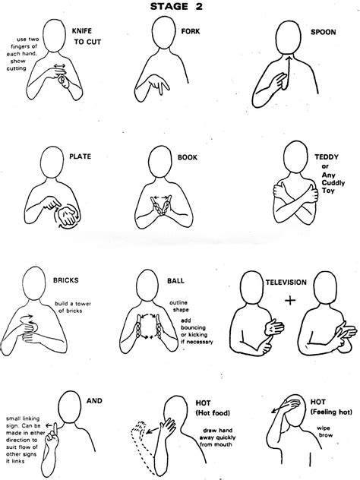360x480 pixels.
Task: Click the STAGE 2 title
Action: pos(176,6)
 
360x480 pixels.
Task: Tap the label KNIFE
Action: pos(82,31)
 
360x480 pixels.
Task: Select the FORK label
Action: pos(191,31)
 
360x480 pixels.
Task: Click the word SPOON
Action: pos(324,32)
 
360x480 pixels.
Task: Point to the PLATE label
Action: pos(81,156)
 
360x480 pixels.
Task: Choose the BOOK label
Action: pos(188,157)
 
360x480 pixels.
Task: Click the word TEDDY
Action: pos(327,157)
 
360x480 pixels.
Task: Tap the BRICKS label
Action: pos(66,280)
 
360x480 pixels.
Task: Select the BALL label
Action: pos(175,281)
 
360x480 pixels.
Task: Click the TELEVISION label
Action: pos(286,283)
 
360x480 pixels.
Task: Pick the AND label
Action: pos(94,401)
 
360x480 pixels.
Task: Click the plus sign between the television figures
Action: pos(290,300)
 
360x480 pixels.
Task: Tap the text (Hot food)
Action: pos(213,413)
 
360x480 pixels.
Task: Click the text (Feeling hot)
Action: pos(331,412)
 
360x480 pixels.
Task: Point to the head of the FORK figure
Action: pos(163,33)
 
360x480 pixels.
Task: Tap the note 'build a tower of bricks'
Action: pos(73,307)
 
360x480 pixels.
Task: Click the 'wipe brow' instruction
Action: pos(324,431)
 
